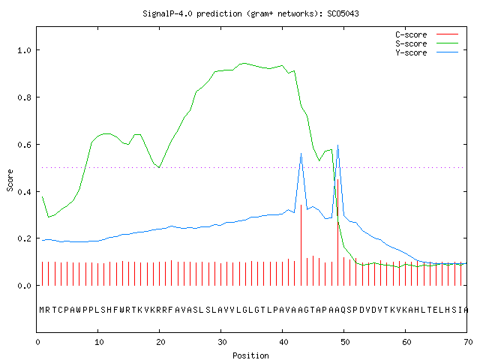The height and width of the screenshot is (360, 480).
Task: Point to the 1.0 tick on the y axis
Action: click(x=25, y=50)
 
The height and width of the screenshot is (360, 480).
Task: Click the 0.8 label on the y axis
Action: click(x=25, y=97)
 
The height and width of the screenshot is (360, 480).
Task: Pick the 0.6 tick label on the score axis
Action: click(x=25, y=145)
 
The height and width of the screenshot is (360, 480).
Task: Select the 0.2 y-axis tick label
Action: click(x=25, y=238)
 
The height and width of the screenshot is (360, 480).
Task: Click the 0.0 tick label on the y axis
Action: click(x=25, y=286)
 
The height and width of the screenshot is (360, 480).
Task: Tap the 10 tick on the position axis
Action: click(x=99, y=342)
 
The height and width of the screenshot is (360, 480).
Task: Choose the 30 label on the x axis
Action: click(x=222, y=342)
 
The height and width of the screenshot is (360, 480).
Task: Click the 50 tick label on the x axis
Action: click(x=345, y=342)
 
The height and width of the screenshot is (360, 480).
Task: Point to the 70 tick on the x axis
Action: click(x=468, y=342)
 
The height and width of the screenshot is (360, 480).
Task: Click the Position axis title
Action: click(x=250, y=355)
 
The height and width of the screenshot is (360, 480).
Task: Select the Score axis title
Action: click(x=10, y=180)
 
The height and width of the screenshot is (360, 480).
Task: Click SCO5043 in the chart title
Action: click(x=343, y=13)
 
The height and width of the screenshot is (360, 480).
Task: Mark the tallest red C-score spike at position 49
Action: click(x=337, y=232)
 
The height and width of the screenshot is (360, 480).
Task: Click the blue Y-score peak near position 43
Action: click(x=301, y=154)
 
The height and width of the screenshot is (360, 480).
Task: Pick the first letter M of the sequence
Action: click(x=42, y=310)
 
